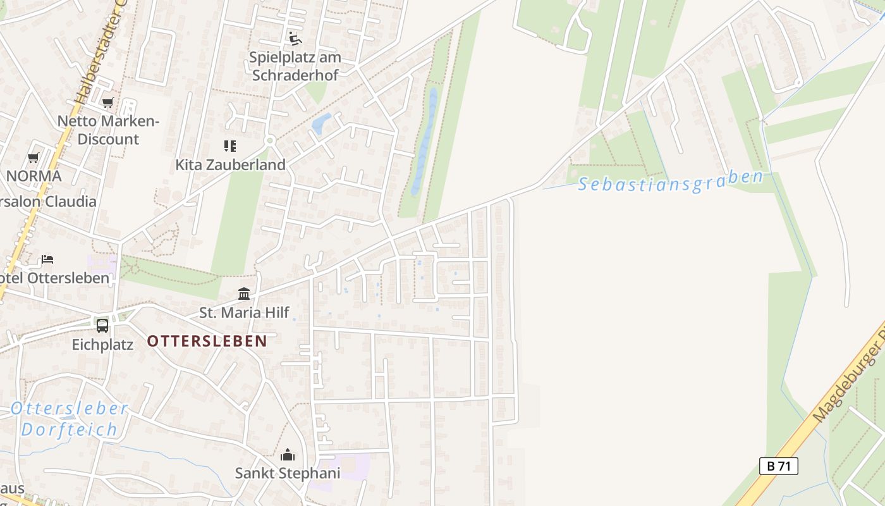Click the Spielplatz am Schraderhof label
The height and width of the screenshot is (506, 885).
pos(295,66)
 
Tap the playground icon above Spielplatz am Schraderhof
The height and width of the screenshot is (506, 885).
pos(295,38)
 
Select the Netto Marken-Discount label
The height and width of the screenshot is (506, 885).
pos(108,130)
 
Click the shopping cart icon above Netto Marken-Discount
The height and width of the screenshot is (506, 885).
pos(107,102)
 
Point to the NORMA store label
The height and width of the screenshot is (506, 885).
pos(34,176)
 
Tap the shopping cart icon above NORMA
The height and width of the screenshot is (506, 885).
pos(34,157)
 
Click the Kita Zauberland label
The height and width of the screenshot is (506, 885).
pos(230,164)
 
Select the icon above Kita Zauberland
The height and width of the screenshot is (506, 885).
pos(230,146)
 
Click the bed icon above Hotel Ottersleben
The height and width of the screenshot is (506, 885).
pos(47,259)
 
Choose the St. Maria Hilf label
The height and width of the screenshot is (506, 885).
pos(244,312)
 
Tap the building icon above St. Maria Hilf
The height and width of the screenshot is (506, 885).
pos(244,293)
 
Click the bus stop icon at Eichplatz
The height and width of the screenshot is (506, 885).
pos(102,325)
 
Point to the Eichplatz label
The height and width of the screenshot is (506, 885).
pos(102,345)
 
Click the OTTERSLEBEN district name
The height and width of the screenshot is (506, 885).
pos(207,341)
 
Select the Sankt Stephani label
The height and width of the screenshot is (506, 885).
pos(288,473)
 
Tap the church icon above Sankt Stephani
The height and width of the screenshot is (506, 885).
pos(288,455)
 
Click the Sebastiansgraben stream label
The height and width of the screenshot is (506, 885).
pos(670,183)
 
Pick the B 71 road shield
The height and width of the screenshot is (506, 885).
pos(778,466)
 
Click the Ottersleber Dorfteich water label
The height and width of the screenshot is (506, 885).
pos(69,419)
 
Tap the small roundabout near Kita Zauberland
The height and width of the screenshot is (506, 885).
pos(270,140)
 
